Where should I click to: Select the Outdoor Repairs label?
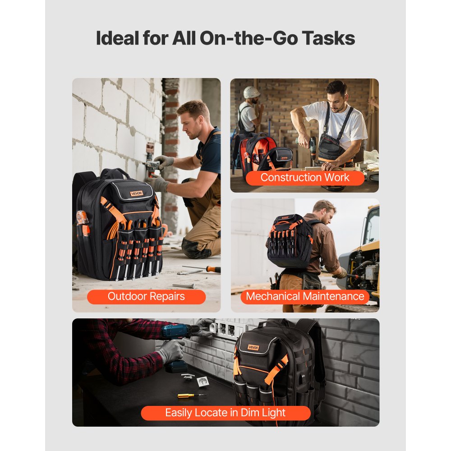[146, 297]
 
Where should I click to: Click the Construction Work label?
[305, 178]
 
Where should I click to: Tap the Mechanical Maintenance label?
[305, 297]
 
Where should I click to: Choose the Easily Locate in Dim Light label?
[225, 413]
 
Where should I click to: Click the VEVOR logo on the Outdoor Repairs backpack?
[136, 193]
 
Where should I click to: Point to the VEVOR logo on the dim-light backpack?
[253, 347]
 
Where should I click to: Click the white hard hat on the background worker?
[251, 92]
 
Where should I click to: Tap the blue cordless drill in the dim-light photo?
[178, 333]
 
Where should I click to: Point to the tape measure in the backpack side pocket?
[82, 218]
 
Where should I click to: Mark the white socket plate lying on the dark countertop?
[202, 381]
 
